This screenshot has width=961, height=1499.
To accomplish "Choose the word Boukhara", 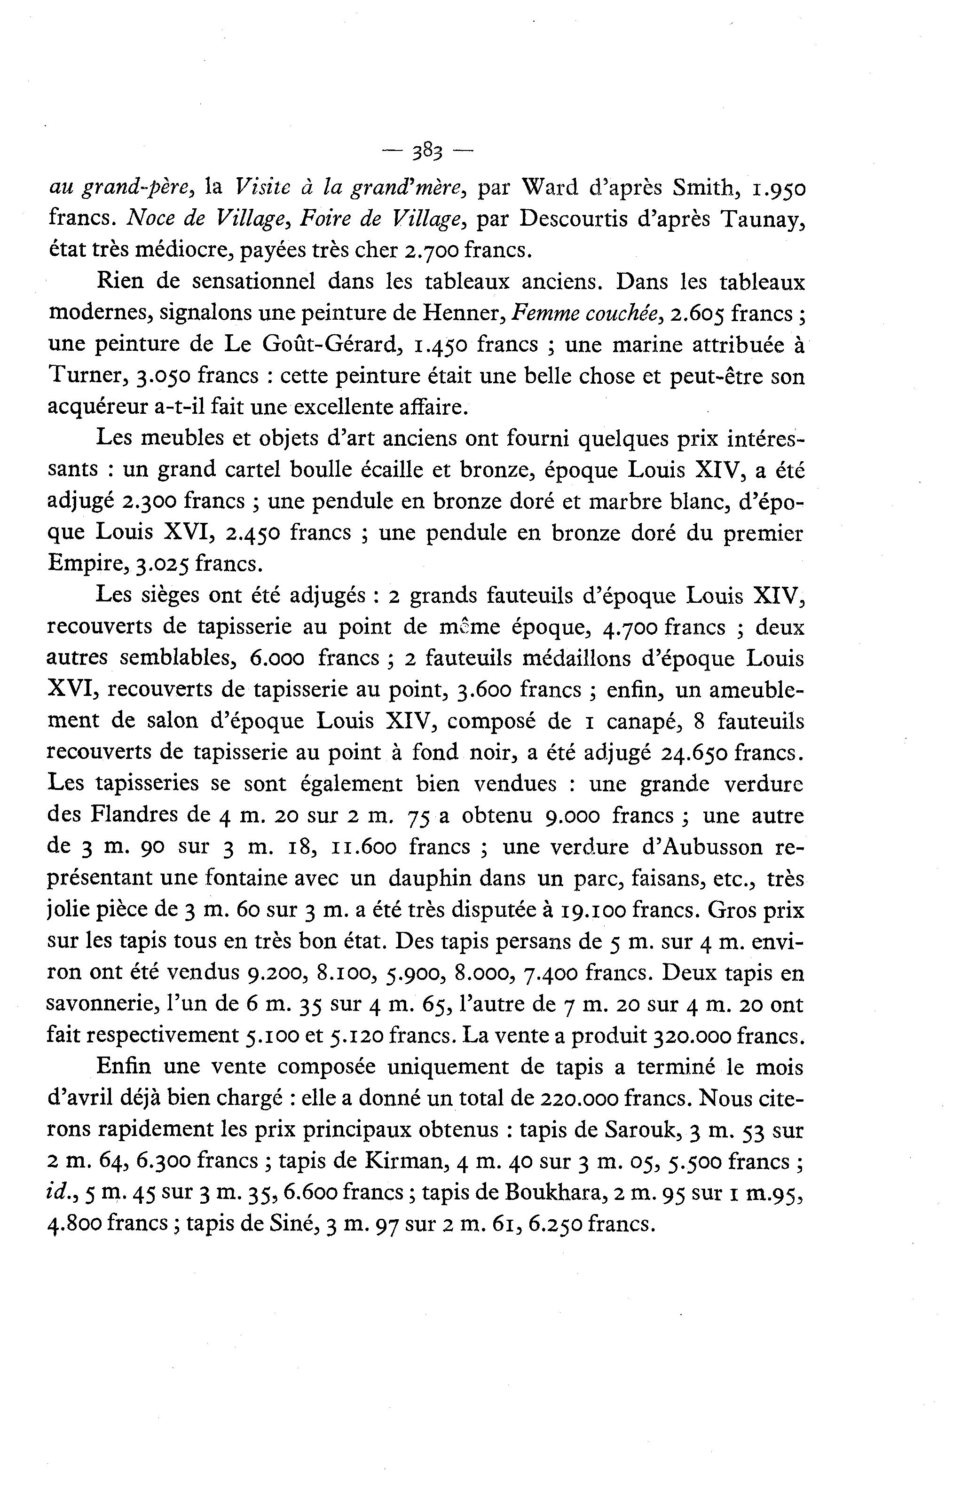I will (555, 1193).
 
